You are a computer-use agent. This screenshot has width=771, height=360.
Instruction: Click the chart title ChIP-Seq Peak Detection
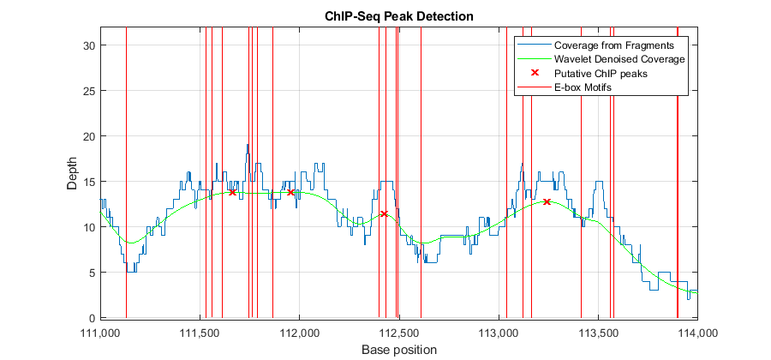click(x=399, y=16)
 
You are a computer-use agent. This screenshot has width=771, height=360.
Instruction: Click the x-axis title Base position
click(x=399, y=350)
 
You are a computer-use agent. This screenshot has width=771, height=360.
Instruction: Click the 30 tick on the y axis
click(x=88, y=45)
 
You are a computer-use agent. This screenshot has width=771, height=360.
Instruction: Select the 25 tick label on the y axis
click(x=88, y=91)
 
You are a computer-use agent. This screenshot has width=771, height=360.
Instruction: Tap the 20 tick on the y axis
click(x=88, y=136)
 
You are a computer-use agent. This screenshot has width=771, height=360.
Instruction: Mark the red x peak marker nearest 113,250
click(x=547, y=201)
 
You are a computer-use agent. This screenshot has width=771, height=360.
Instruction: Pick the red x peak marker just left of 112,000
click(x=290, y=192)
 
